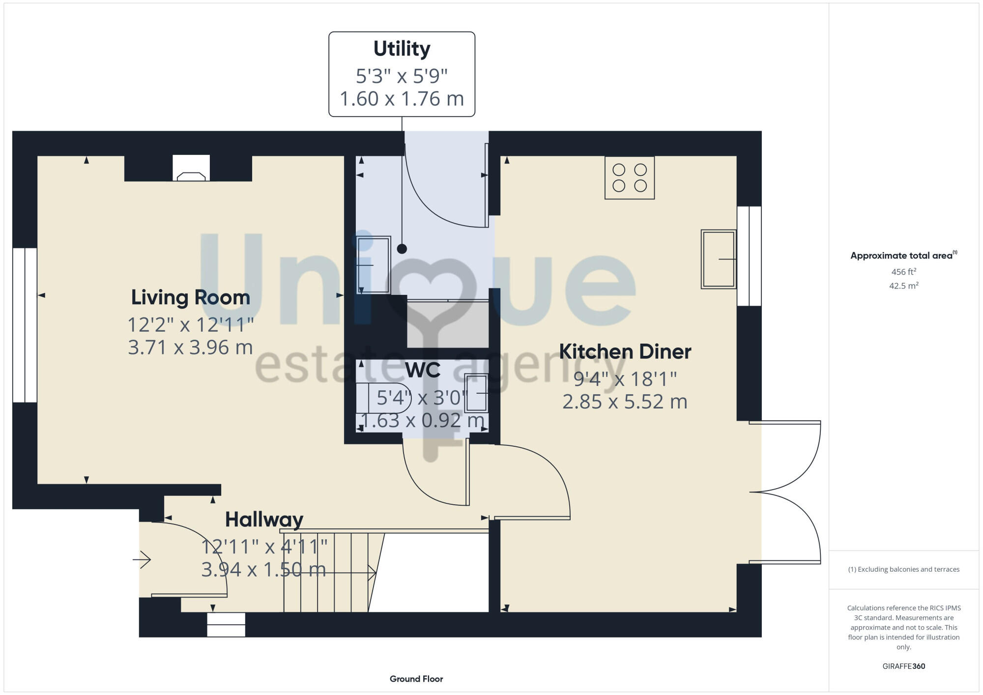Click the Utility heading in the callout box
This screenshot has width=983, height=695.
pyautogui.click(x=402, y=49)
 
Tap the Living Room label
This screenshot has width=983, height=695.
pyautogui.click(x=191, y=297)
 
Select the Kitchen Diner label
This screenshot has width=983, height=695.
pyautogui.click(x=625, y=351)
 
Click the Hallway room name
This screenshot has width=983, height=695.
pyautogui.click(x=264, y=520)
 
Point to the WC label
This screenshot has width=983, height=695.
pyautogui.click(x=422, y=370)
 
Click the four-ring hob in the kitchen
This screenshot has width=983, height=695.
pyautogui.click(x=629, y=177)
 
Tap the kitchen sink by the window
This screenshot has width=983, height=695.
pyautogui.click(x=718, y=259)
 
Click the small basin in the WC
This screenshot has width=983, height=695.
pyautogui.click(x=476, y=392)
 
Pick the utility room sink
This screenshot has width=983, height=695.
pyautogui.click(x=373, y=264)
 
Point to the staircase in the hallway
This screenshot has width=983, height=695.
pyautogui.click(x=327, y=572)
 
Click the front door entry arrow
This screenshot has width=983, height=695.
pyautogui.click(x=142, y=559)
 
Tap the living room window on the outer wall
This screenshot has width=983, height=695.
pyautogui.click(x=25, y=325)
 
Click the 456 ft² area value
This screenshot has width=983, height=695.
pyautogui.click(x=903, y=272)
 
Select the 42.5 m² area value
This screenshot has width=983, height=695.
pyautogui.click(x=903, y=286)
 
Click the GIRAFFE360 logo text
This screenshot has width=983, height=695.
pyautogui.click(x=903, y=666)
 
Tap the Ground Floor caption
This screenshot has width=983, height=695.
pyautogui.click(x=416, y=679)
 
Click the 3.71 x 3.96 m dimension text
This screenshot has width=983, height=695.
pyautogui.click(x=191, y=347)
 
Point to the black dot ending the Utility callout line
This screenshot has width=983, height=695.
pyautogui.click(x=402, y=249)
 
